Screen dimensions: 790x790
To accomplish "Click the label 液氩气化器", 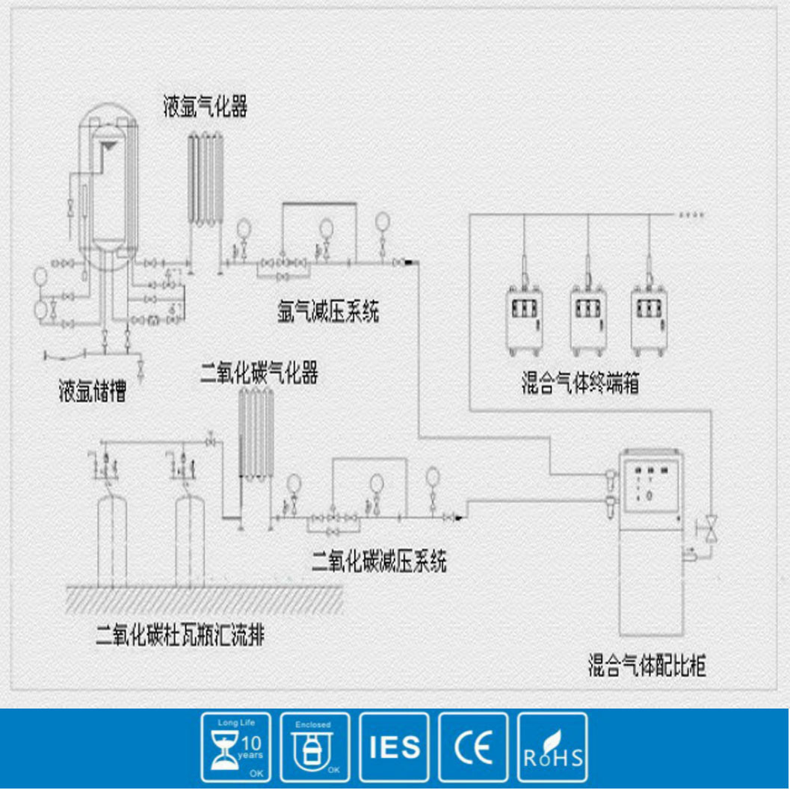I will pos(206,106).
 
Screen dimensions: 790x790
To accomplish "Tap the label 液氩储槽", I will pos(92,392).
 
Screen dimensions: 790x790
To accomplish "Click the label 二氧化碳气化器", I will pos(259,373).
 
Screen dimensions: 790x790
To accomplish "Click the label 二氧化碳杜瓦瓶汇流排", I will pos(180,636).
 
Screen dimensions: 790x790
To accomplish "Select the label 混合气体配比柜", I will pos(646,664).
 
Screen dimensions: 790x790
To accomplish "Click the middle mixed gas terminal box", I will pos(588,317).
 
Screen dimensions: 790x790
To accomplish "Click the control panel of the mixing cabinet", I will pos(649,486).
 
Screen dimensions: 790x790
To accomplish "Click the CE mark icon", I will pos(473,747).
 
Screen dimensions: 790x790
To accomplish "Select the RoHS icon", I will pos(552,747).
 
